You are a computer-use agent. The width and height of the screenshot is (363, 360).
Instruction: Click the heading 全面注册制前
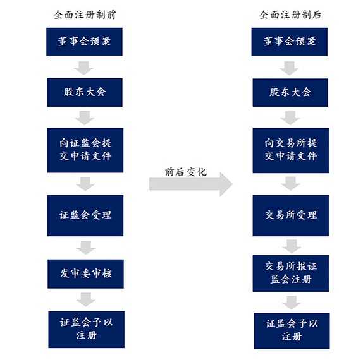tap(85, 15)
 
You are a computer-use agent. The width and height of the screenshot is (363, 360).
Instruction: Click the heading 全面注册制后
tap(290, 15)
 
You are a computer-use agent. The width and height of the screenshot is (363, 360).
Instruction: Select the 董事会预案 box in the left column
tap(84, 42)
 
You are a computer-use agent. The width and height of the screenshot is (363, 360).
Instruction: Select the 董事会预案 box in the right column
tap(290, 42)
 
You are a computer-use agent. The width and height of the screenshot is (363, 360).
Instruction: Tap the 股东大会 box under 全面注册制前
tap(85, 92)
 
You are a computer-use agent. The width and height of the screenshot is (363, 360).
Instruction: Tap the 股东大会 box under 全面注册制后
tap(290, 93)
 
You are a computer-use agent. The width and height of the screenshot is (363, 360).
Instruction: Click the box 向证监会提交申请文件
tap(85, 150)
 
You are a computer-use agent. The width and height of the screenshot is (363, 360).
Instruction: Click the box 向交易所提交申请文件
tap(291, 150)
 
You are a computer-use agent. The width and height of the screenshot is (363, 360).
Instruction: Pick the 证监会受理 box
tap(85, 215)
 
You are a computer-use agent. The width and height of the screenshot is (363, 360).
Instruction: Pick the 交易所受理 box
tap(291, 215)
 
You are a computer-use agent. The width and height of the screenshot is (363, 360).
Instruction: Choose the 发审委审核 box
tap(85, 273)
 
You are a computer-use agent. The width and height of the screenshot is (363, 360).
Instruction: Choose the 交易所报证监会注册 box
tap(291, 273)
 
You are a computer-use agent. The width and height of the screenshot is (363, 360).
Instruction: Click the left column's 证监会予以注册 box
tap(87, 330)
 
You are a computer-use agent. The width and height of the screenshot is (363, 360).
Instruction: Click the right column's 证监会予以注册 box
tap(292, 331)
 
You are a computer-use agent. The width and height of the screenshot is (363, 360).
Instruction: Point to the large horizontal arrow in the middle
tap(190, 184)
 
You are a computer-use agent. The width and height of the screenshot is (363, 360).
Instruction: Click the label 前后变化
tap(186, 172)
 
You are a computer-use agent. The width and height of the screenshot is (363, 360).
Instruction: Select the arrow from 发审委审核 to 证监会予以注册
tap(86, 299)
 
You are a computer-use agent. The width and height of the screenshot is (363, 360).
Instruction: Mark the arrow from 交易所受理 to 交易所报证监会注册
tap(292, 246)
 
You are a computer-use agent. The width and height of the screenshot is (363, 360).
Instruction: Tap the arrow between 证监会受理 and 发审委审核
tap(85, 248)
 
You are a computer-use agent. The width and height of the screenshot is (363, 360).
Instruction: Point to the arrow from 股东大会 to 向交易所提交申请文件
tap(290, 118)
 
